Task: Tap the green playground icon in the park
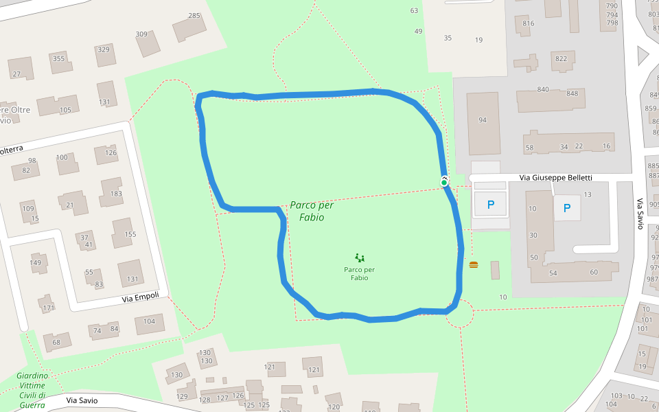360,258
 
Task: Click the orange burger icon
473,264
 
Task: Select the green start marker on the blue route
444,182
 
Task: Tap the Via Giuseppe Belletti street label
555,178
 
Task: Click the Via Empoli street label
140,297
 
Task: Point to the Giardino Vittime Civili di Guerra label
32,390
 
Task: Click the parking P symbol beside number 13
566,207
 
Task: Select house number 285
194,16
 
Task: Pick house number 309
141,34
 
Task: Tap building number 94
482,120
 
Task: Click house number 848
572,94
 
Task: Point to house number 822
561,58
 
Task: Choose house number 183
116,194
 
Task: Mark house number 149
36,262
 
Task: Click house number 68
56,342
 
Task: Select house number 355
58,58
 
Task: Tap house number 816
528,23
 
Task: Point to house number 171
49,308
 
